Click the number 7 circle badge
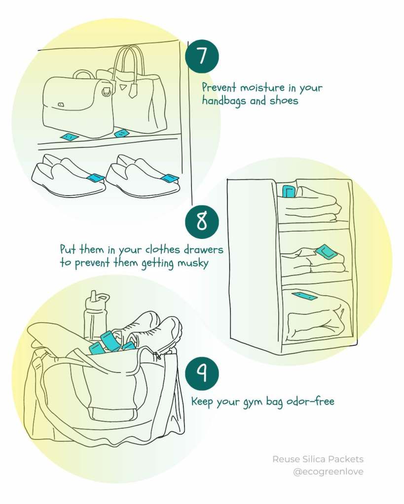tap(202, 57)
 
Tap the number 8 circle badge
tap(202, 222)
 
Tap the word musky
tap(193, 263)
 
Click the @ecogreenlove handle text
tap(328, 471)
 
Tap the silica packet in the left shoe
tap(96, 177)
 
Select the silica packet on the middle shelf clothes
tap(326, 252)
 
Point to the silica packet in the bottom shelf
tap(304, 296)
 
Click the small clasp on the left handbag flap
tap(61, 104)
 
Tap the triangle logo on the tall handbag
tap(124, 87)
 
